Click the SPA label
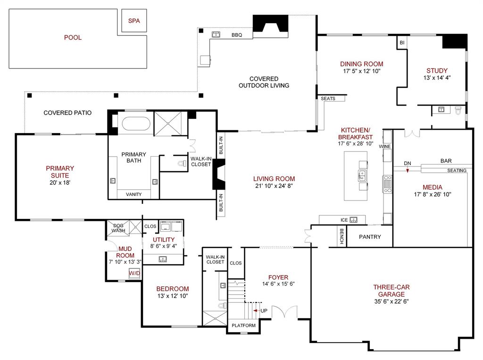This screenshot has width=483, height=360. (134, 21)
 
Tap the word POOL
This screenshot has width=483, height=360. (73, 38)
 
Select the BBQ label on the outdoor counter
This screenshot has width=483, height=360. (237, 35)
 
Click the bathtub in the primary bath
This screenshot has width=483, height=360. (136, 124)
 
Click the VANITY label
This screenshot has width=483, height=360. (133, 194)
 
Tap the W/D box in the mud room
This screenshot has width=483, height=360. (134, 273)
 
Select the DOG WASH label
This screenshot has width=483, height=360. (118, 228)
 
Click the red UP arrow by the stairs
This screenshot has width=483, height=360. (255, 310)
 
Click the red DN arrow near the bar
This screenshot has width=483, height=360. (408, 169)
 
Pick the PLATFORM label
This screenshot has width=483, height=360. (244, 326)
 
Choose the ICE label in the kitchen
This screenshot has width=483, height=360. (344, 220)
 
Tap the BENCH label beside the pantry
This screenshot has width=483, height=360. (341, 236)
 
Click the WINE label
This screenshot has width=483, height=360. (385, 146)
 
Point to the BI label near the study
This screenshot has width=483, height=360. (402, 43)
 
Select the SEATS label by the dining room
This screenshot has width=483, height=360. (328, 99)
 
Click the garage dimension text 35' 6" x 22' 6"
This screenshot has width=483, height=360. (391, 301)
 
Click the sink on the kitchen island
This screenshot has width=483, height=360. (362, 176)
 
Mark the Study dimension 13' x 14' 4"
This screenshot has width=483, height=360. (437, 78)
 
